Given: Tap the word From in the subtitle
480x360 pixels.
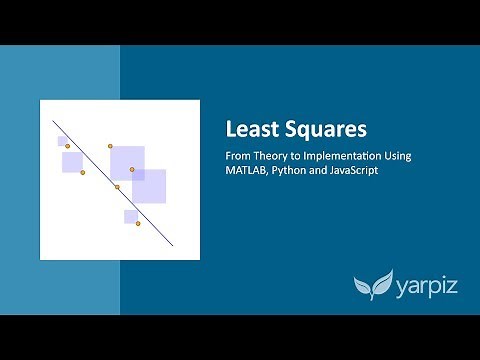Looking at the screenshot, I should pos(236,157).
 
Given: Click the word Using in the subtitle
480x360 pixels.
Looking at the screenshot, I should pos(397,157).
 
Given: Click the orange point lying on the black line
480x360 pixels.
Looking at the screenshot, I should pos(117,187).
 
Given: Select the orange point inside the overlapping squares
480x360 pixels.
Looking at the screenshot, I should pos(132,169).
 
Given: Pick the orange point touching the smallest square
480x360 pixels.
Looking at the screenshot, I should pos(66,146).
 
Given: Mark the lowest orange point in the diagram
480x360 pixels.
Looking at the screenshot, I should pos(138,223).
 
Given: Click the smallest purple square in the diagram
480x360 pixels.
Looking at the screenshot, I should pos(62,141).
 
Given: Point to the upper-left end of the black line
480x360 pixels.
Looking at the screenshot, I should pos(53,122).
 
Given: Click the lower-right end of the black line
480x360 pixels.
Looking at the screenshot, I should pos(174,245).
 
